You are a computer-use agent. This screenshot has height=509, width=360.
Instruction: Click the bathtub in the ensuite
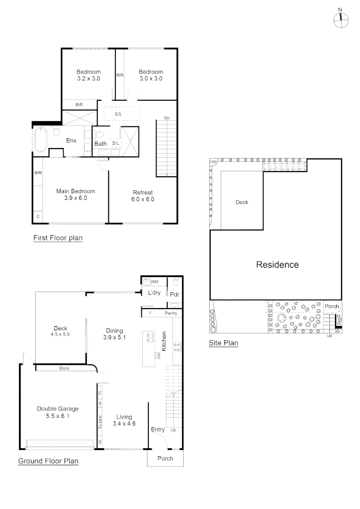click(x=41, y=140)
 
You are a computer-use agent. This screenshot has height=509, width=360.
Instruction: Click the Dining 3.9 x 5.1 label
click(x=114, y=334)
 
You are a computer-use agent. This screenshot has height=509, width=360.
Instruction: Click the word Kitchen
click(x=164, y=341)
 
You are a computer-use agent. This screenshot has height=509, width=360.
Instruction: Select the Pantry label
click(x=171, y=313)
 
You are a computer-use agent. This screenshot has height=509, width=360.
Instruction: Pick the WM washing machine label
click(x=155, y=282)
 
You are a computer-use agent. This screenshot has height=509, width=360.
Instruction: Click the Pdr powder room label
click(x=175, y=295)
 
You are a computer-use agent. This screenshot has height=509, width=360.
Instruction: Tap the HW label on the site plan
click(x=213, y=162)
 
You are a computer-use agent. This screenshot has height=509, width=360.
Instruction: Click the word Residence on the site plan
click(x=278, y=264)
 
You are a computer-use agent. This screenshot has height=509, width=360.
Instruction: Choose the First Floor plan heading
click(x=58, y=238)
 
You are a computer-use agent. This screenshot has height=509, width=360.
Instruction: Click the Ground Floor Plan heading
click(x=49, y=461)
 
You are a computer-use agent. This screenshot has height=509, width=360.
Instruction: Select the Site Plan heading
click(x=224, y=343)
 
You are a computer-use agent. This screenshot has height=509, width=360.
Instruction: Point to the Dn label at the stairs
click(x=167, y=118)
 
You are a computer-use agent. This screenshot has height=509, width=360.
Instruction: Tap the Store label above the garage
click(x=64, y=368)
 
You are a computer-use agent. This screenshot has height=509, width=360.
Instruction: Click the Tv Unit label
click(x=100, y=422)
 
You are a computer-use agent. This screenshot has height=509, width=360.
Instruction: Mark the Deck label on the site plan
click(x=242, y=202)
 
